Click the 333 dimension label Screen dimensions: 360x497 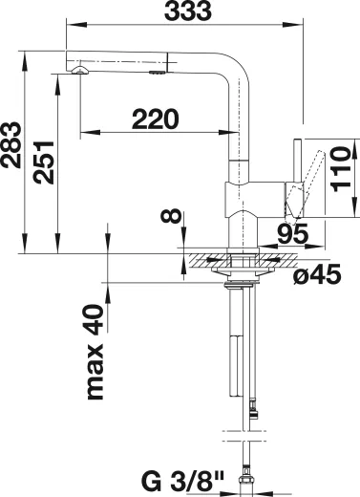click(x=188, y=11)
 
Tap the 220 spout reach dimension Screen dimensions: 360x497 click(x=156, y=119)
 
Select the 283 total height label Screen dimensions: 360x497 click(x=11, y=144)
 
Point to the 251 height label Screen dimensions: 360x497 click(x=44, y=162)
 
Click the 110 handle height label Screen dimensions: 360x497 click(x=340, y=169)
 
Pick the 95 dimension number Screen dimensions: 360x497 click(x=293, y=233)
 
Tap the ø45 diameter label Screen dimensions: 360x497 click(x=317, y=274)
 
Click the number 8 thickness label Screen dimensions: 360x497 click(x=171, y=215)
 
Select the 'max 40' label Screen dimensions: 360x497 click(x=95, y=352)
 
